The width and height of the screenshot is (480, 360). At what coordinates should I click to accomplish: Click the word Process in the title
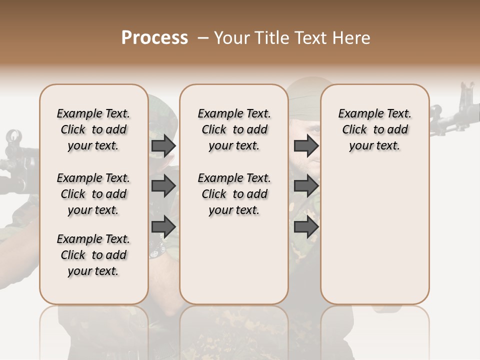[154, 38]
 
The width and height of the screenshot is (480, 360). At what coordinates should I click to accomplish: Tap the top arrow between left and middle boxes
[163, 145]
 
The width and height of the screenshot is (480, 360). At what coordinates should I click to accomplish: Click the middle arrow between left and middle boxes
[163, 186]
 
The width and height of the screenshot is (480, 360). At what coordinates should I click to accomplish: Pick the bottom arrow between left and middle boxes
[163, 227]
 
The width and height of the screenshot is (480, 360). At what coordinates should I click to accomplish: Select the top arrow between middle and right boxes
[306, 145]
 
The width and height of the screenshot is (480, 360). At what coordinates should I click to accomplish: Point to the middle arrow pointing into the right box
[306, 186]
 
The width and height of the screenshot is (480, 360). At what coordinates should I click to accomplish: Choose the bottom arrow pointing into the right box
[306, 227]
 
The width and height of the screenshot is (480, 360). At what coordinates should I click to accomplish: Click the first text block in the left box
[93, 129]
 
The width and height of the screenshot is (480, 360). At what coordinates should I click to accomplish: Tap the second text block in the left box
[93, 194]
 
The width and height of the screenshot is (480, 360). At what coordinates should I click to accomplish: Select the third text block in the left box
[93, 255]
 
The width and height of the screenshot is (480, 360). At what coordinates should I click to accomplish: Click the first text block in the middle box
[234, 129]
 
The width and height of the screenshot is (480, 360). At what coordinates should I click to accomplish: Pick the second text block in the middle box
[234, 194]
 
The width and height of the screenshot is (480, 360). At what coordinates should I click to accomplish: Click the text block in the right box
[374, 129]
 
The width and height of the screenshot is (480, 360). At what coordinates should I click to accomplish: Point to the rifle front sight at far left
[14, 136]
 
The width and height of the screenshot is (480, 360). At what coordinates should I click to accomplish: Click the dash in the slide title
[203, 38]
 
